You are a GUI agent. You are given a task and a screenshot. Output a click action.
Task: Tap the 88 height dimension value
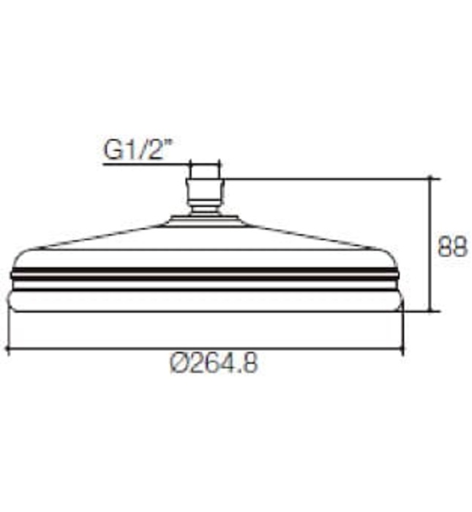click(x=452, y=246)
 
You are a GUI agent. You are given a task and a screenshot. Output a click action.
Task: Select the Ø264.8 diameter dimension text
click(x=214, y=364)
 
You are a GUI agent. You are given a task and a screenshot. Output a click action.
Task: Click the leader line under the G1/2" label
click(x=146, y=165)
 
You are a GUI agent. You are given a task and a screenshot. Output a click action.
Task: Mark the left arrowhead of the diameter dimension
click(x=10, y=349)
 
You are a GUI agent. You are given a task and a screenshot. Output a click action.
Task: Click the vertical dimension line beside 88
click(x=431, y=245)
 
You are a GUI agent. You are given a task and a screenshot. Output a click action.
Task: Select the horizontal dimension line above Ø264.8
click(x=205, y=349)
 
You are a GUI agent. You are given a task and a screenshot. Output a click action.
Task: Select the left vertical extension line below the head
click(x=7, y=329)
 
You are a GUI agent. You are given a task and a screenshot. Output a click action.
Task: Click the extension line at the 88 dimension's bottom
click(x=421, y=311)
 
